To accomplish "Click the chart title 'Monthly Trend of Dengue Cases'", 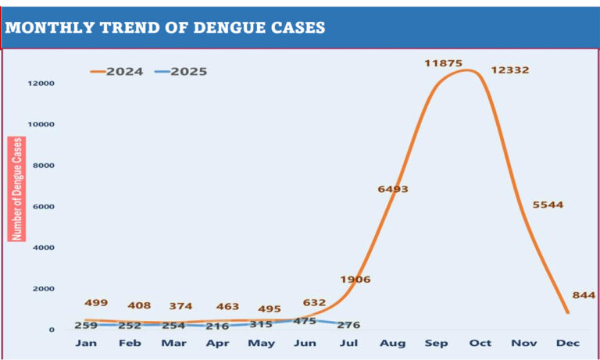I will coord(166,27).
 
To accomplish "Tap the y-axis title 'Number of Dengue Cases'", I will coord(17,188).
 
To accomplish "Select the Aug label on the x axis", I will coord(392,343).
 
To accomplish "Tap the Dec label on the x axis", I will coord(566,343).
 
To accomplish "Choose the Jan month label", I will coord(87,343).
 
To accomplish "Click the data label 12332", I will coord(510,70).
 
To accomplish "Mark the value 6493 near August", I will coord(393,189).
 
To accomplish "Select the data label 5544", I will coord(548,205).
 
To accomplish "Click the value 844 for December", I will coord(584,294).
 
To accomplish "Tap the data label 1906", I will coord(355,279).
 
